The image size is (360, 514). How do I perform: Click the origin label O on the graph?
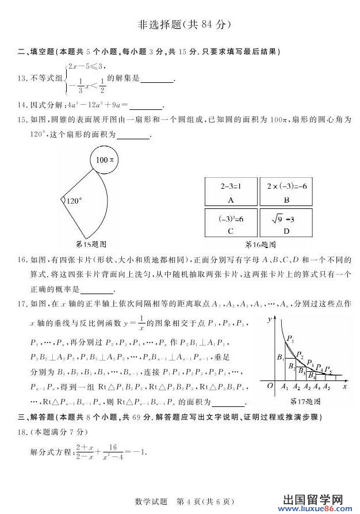pos(270,387)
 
